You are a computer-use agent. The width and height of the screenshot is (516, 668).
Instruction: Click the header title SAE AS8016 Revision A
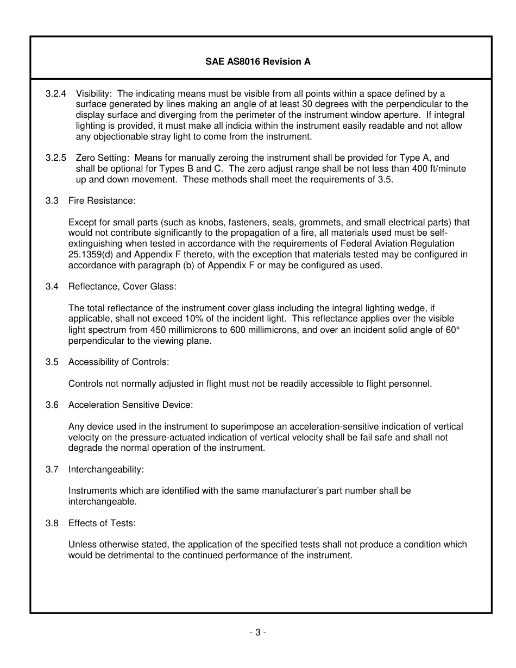tap(257, 61)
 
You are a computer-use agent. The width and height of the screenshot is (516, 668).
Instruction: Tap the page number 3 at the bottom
tap(257, 632)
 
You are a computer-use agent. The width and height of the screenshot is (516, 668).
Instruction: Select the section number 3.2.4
tap(56, 93)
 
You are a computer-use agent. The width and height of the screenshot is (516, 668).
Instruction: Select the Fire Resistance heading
tap(102, 201)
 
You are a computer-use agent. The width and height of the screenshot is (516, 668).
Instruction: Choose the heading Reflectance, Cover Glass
tap(122, 287)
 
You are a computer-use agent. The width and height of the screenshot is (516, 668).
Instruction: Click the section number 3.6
tap(52, 405)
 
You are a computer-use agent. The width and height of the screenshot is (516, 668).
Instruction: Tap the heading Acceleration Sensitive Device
tap(130, 405)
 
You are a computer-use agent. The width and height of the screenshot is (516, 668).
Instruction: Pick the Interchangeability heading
tap(106, 469)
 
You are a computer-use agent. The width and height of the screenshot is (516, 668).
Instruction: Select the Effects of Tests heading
tap(102, 524)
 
